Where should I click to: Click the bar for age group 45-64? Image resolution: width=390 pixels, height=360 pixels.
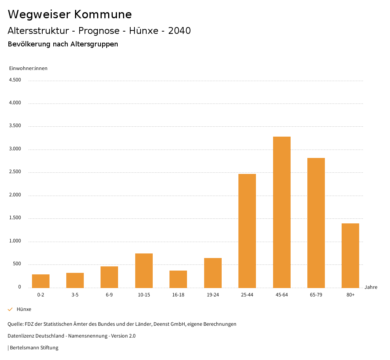click(x=281, y=212)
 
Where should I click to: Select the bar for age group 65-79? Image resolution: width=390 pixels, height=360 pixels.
click(x=316, y=223)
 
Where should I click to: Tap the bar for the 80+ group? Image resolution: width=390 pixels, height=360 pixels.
click(x=350, y=255)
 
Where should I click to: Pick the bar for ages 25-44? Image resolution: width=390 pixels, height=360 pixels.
click(x=247, y=231)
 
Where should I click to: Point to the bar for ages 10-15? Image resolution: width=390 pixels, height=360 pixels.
click(x=144, y=271)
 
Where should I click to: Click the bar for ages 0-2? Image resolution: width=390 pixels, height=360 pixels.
click(x=41, y=281)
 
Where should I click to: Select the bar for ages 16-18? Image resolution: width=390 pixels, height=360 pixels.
click(x=178, y=279)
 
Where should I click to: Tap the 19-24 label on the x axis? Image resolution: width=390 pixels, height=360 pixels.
click(x=213, y=295)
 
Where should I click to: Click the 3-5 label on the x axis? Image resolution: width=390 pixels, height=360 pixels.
click(x=75, y=295)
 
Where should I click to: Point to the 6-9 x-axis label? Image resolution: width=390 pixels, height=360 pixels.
click(x=109, y=295)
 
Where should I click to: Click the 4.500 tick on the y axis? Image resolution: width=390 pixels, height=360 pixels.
click(x=15, y=80)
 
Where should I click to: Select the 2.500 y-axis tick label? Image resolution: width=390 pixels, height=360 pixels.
click(x=15, y=172)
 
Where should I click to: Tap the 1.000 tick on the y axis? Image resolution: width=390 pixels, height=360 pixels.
click(x=15, y=241)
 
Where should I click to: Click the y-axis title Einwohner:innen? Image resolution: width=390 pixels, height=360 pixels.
click(x=28, y=68)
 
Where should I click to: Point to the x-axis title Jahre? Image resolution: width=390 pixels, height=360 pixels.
click(x=371, y=287)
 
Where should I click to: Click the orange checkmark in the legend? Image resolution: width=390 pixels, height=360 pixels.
click(x=10, y=309)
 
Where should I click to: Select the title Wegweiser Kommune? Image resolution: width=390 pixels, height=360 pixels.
click(x=70, y=14)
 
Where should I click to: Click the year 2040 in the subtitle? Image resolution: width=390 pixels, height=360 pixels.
click(x=179, y=31)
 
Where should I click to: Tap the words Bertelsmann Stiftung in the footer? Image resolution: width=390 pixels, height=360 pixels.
click(x=34, y=348)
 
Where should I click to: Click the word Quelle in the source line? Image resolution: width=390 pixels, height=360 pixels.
click(x=15, y=324)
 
